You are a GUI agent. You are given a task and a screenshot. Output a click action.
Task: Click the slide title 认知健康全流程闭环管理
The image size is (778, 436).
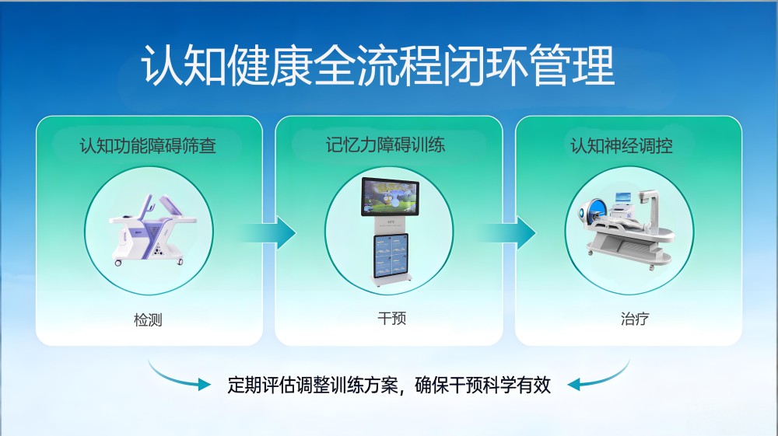click(x=378, y=66)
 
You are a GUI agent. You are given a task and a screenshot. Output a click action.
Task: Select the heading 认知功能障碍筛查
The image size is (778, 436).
click(x=148, y=145)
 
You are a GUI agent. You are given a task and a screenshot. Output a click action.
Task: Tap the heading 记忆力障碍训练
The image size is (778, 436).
click(x=385, y=145)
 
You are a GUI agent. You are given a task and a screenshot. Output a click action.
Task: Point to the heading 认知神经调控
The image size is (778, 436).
click(x=621, y=145)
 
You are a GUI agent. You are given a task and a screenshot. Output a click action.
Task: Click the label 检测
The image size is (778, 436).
click(x=148, y=319)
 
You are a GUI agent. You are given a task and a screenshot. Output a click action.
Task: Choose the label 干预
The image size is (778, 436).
click(x=392, y=318)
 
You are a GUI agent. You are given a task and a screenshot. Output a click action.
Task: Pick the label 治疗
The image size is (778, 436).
click(x=635, y=318)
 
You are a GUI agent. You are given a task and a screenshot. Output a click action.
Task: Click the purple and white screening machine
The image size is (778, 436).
click(x=152, y=230)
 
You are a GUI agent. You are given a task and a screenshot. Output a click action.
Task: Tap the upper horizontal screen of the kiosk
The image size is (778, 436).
click(x=390, y=197)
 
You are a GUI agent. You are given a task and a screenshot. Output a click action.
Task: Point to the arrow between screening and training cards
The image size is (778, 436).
click(x=271, y=232)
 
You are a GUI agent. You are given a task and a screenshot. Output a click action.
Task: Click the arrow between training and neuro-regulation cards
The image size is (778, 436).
click(x=510, y=232)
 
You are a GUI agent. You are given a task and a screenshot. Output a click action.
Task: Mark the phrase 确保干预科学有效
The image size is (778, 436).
click(x=483, y=385)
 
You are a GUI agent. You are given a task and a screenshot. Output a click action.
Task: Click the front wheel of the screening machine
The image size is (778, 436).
click(x=117, y=263)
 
